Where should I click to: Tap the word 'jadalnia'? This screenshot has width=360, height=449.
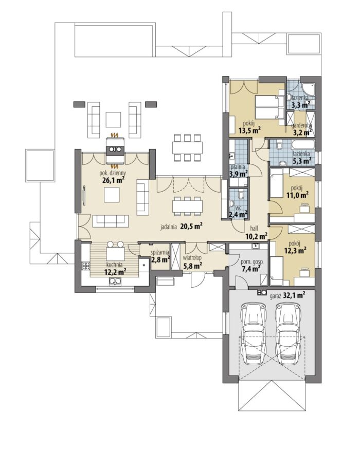(169, 227)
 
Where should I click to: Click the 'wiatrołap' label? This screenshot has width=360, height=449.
(192, 258)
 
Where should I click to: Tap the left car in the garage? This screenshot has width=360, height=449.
(254, 334)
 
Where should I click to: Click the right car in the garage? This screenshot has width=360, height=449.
(287, 334)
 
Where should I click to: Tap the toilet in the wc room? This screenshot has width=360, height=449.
(242, 195)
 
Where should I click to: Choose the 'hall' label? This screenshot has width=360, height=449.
(254, 229)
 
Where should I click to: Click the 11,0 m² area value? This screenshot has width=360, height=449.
(297, 195)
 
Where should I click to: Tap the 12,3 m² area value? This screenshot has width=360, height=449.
(296, 250)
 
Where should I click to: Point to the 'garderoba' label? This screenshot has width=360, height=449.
(302, 125)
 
